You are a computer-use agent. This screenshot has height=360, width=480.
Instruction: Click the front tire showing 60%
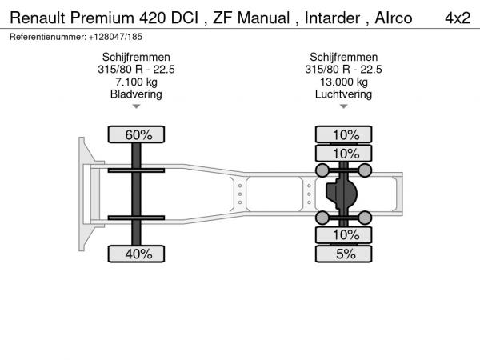coord(136,134)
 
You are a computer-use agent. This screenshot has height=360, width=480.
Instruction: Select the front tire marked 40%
coord(136,254)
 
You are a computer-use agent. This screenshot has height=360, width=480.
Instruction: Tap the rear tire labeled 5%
coord(344,254)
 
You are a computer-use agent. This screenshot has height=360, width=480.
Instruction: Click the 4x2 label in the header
coord(458,18)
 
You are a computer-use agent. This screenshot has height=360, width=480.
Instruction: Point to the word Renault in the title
coord(38,18)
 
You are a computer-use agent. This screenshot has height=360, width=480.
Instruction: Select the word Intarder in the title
coord(332,18)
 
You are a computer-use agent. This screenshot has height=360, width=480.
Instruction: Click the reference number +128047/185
coord(115,37)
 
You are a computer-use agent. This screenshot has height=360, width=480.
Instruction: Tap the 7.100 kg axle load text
coord(136,82)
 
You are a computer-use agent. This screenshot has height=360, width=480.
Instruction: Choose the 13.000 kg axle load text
coord(344,82)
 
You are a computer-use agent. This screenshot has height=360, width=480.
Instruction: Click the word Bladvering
coord(136,94)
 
